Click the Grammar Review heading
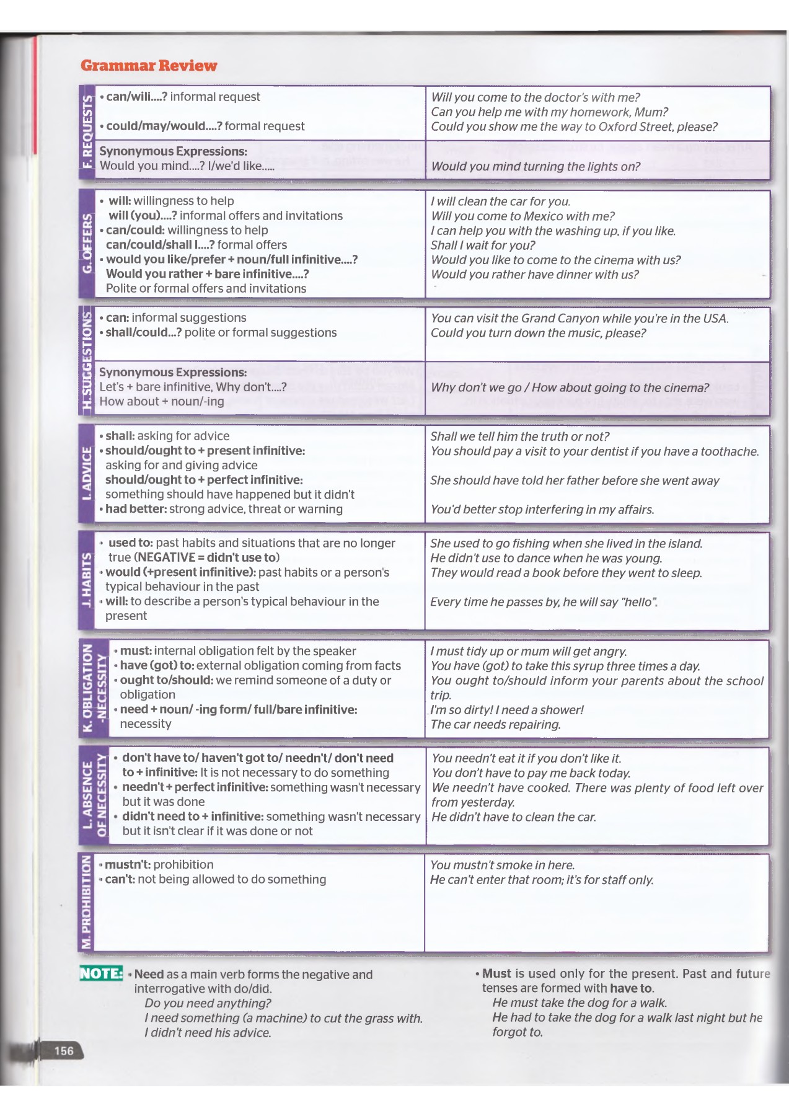[149, 66]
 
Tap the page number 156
[64, 1050]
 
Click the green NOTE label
[101, 973]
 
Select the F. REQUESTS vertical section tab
[87, 131]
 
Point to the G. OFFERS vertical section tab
[87, 244]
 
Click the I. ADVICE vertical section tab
[87, 472]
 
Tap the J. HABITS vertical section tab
[87, 580]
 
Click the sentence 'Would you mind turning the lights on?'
[536, 166]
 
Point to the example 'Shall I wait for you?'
[483, 246]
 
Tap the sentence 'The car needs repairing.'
[495, 725]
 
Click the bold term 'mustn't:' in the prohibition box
[128, 865]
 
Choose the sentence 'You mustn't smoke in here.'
[503, 866]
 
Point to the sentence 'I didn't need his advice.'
[208, 1033]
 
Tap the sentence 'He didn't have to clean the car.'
[514, 817]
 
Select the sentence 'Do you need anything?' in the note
[208, 1003]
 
